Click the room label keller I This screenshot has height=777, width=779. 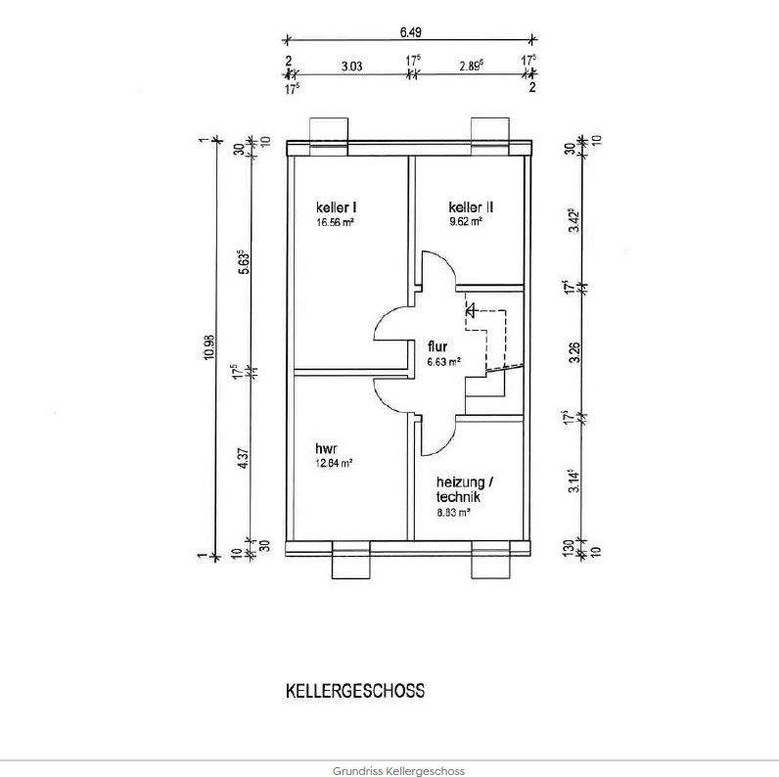(335, 207)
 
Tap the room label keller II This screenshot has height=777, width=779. (470, 207)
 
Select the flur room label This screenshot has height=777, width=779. (437, 346)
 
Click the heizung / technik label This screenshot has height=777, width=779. (464, 489)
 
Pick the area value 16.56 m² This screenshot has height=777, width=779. (335, 222)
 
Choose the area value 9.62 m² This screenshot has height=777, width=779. (466, 222)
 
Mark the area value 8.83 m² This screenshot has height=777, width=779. (454, 512)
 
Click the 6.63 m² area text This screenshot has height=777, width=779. (443, 361)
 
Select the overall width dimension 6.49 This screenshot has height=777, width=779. (410, 32)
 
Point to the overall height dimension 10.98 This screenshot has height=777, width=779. (208, 348)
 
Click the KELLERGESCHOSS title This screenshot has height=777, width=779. (355, 690)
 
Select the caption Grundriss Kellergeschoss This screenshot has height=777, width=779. (389, 771)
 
